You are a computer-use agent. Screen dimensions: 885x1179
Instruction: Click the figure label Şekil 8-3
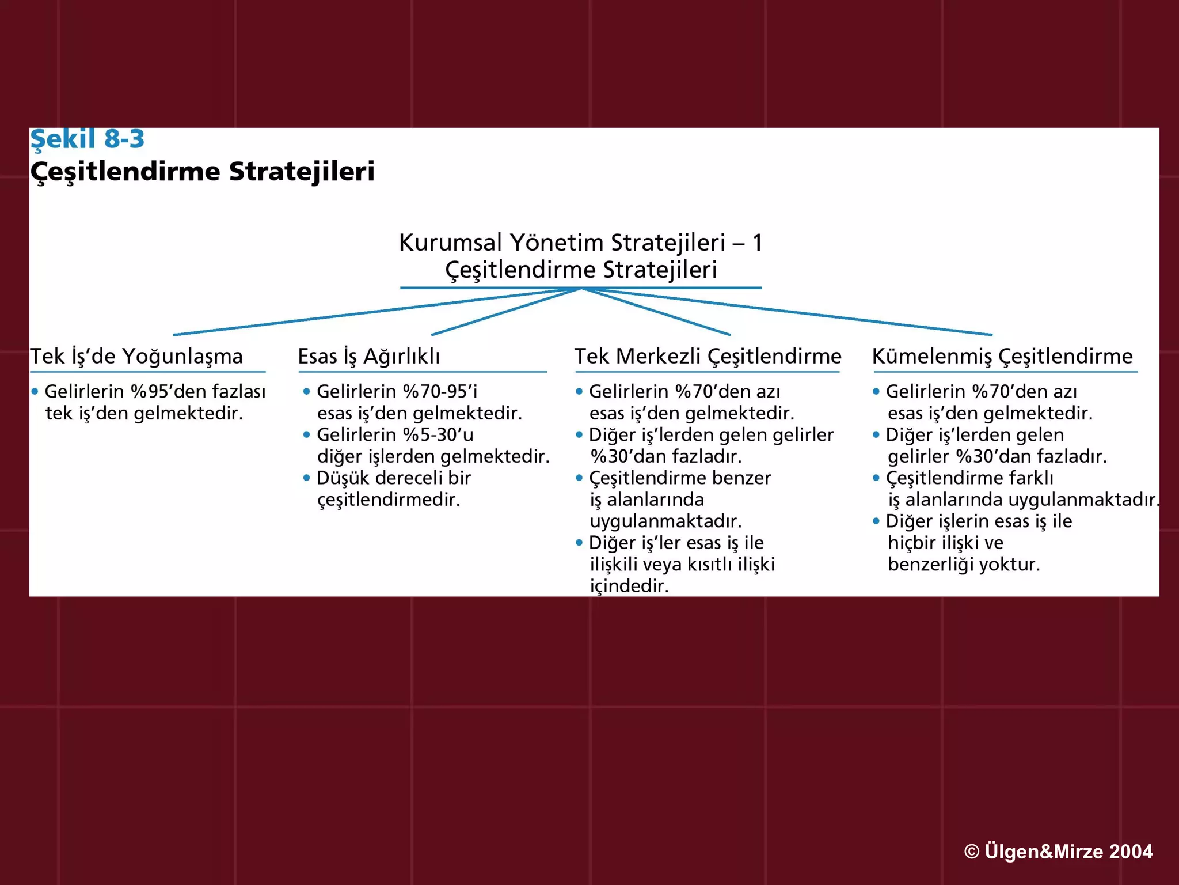[87, 139]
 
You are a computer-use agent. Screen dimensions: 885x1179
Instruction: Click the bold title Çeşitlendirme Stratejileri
[202, 172]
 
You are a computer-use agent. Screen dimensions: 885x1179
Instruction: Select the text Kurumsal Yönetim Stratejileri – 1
[580, 243]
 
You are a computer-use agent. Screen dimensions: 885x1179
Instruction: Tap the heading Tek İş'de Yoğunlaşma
[136, 356]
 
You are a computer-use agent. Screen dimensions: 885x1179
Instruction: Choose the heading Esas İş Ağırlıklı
[368, 356]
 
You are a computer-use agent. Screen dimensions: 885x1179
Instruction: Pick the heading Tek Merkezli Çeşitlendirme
[708, 356]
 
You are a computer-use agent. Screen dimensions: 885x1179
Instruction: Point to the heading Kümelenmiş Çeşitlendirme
[1002, 356]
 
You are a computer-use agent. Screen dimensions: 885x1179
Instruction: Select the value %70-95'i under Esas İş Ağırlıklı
[440, 392]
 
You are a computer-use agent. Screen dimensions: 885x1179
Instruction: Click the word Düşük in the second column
[342, 478]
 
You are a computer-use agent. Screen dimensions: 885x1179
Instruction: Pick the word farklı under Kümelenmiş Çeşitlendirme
[1030, 478]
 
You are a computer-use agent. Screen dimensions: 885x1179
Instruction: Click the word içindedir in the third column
[629, 587]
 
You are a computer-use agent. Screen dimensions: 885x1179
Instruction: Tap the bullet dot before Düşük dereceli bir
[306, 478]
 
